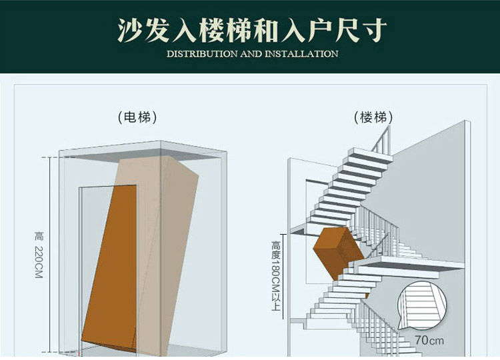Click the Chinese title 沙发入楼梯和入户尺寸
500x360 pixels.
pos(252,30)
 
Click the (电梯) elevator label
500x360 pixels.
pos(137,117)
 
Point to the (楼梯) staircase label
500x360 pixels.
pos(373,117)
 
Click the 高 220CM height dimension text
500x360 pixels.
pos(39,255)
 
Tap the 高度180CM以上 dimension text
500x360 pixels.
pos(276,276)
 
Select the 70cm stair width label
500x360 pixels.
pos(429,340)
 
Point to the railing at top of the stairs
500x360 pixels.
pos(381,139)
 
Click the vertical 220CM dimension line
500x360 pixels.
pos(50,255)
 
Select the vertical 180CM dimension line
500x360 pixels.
pos(283,277)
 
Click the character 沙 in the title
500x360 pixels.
pos(130,30)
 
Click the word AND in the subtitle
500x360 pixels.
pos(251,54)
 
